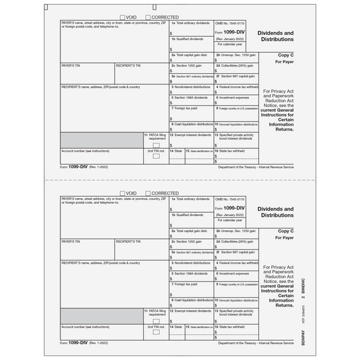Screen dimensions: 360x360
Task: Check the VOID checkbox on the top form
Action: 123,17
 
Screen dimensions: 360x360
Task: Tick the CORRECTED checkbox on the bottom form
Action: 149,193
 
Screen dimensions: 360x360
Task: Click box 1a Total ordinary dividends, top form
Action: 192,28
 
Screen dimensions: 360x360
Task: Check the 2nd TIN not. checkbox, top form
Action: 156,155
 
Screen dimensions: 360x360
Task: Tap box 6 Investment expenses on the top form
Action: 236,100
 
